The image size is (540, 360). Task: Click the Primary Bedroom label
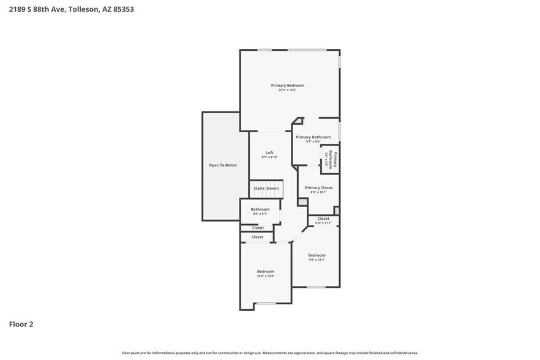tap(287, 85)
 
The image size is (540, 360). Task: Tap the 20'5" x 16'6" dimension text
tap(287, 90)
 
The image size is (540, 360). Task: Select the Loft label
tap(269, 152)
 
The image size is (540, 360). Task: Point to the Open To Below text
tap(222, 165)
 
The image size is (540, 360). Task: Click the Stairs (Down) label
tap(266, 188)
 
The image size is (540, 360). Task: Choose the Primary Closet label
tap(318, 187)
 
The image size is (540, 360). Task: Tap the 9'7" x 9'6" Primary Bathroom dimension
tap(313, 141)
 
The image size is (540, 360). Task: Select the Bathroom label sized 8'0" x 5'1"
tap(260, 209)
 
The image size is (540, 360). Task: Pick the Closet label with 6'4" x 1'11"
tap(323, 219)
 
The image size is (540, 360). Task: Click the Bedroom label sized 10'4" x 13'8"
tap(265, 271)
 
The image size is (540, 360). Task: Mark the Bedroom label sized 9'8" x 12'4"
tap(317, 255)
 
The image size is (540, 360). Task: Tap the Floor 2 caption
tap(21, 324)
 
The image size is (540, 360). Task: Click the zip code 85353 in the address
tap(122, 9)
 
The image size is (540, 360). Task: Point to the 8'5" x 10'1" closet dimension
tap(318, 192)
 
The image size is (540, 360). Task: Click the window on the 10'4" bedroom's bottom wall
tap(266, 304)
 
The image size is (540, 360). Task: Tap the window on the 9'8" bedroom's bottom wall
tap(316, 287)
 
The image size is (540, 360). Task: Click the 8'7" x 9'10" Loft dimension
tap(269, 157)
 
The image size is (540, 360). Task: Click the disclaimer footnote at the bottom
tap(269, 353)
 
